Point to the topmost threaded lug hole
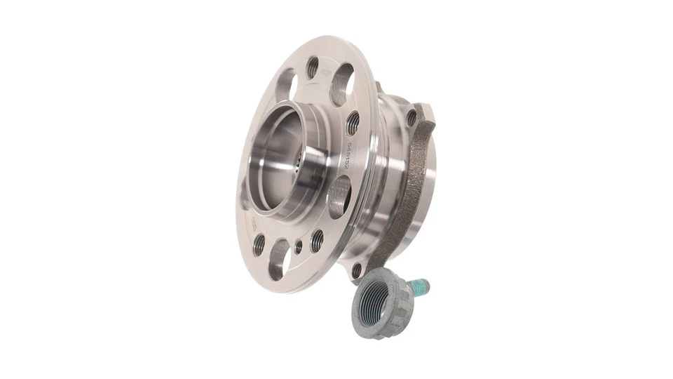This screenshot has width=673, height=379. click(x=313, y=68)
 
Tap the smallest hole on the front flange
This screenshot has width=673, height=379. click(x=299, y=247)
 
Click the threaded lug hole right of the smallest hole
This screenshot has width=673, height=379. click(x=317, y=239)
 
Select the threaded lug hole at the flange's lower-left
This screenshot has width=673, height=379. click(x=259, y=244)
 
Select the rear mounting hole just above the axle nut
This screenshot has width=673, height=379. click(x=358, y=269)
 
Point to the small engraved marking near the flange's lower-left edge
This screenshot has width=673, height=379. click(x=254, y=222)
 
